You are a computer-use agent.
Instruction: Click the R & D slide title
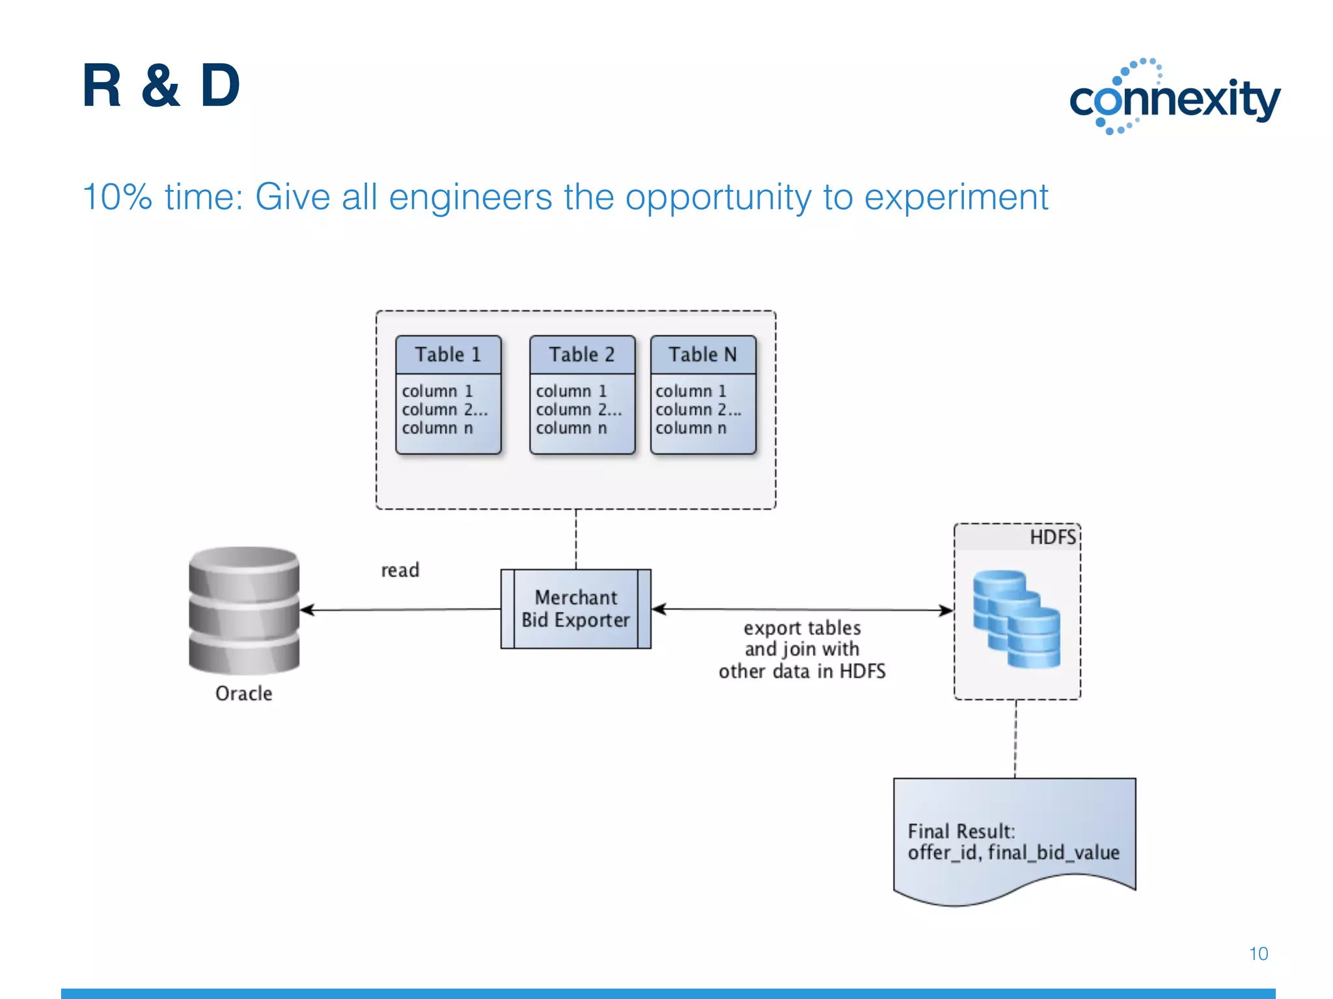point(161,86)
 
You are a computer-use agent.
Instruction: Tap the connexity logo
point(1175,98)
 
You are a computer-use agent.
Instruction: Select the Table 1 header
point(448,354)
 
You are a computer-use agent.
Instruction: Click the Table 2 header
point(581,354)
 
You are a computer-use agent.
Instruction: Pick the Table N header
point(703,354)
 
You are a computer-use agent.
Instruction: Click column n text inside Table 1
point(437,428)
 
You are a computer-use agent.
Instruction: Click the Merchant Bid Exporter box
point(575,609)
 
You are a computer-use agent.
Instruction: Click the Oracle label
point(243,693)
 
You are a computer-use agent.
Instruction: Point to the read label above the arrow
point(400,570)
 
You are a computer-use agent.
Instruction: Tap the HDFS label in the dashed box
point(1052,537)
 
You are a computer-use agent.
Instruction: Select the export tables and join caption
point(802,649)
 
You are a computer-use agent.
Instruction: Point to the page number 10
point(1258,953)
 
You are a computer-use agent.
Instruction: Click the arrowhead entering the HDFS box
point(946,610)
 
